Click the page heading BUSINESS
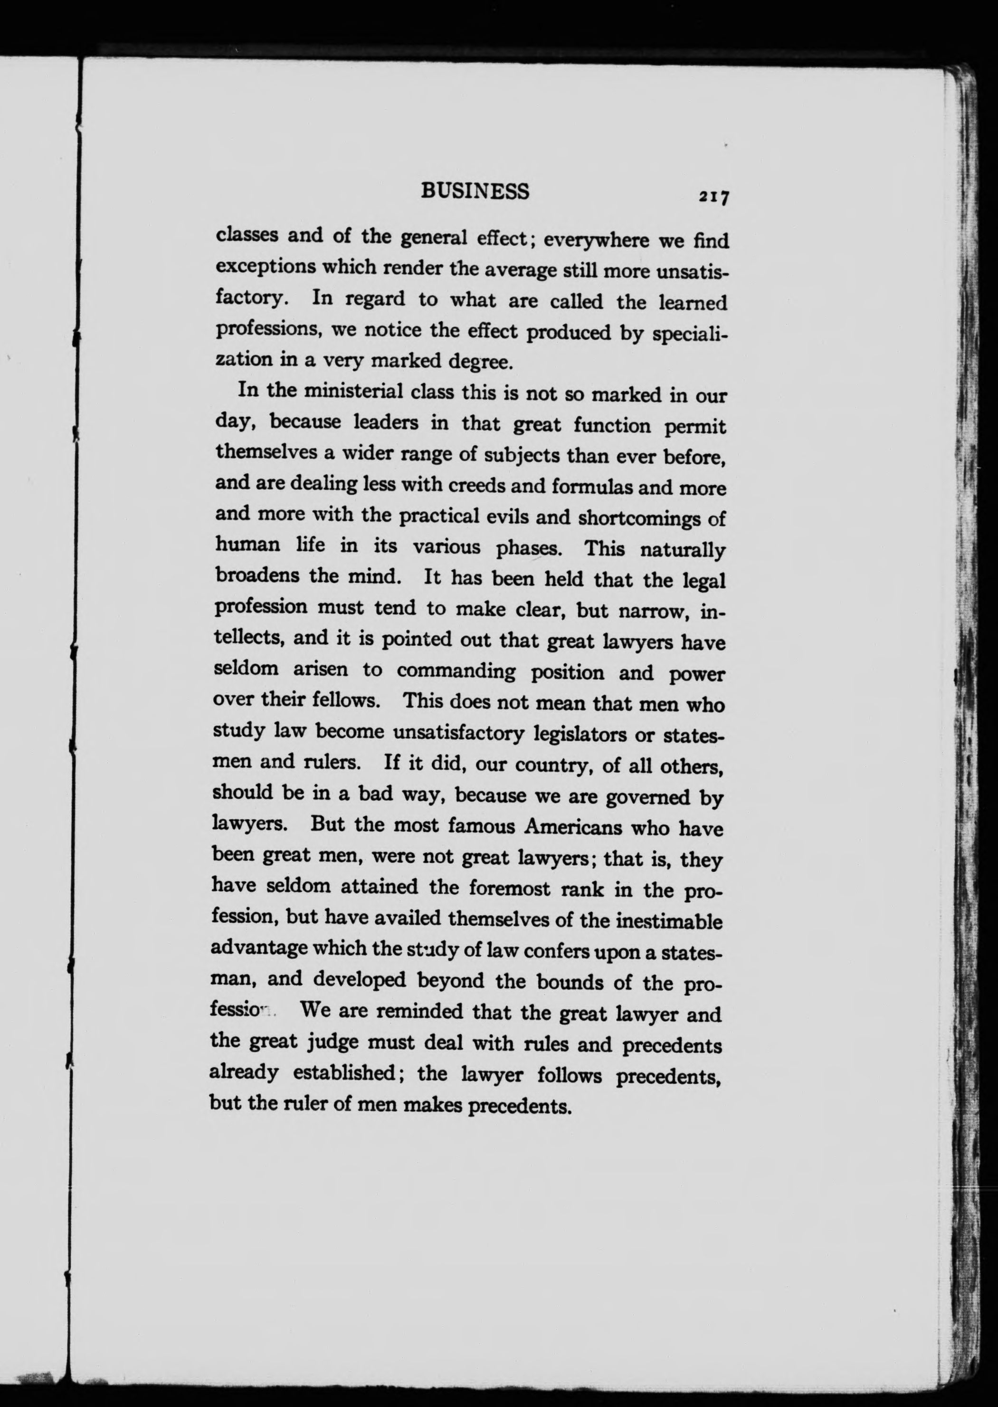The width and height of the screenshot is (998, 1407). point(475,192)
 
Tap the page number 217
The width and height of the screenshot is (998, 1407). point(712,197)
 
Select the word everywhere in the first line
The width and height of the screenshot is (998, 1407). point(596,239)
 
